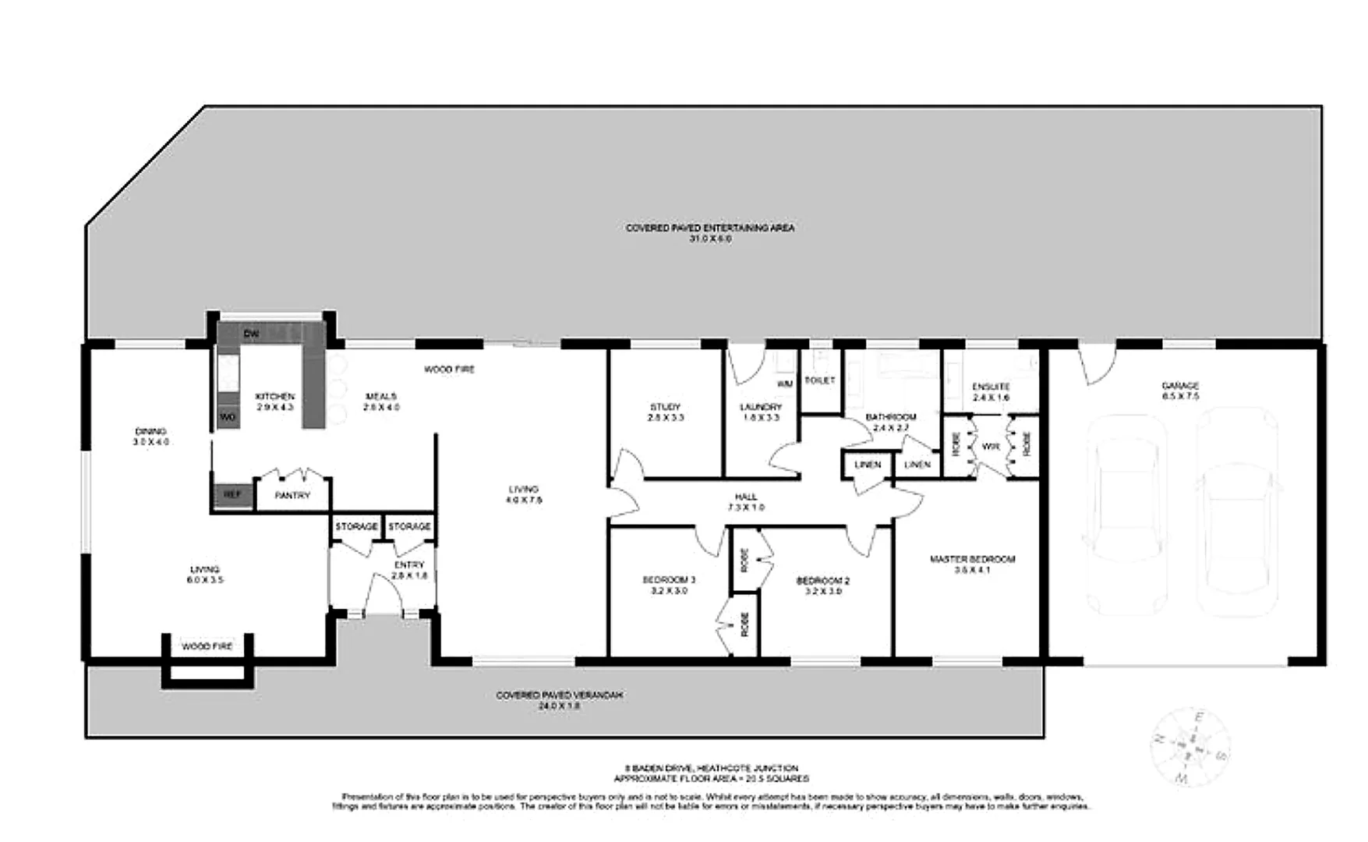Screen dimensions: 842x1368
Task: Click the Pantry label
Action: click(x=292, y=495)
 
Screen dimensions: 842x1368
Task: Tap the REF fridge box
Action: click(x=232, y=495)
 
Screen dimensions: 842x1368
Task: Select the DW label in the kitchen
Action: click(x=250, y=334)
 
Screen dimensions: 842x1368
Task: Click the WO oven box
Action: click(x=227, y=417)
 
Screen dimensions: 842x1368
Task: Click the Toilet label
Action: click(x=819, y=380)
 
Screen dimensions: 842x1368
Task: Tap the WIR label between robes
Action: click(x=991, y=447)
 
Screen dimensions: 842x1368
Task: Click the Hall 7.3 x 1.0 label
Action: click(x=745, y=501)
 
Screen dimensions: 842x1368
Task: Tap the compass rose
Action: click(x=1190, y=747)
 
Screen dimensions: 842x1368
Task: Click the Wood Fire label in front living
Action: click(x=207, y=646)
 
